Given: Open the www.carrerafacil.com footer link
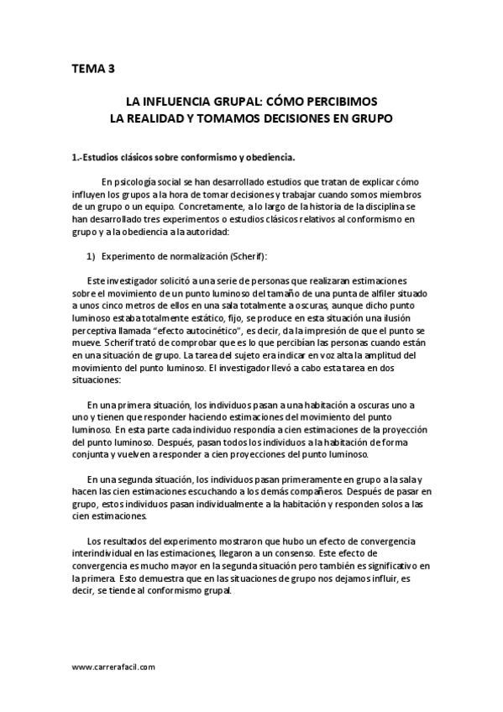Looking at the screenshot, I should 113,668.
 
